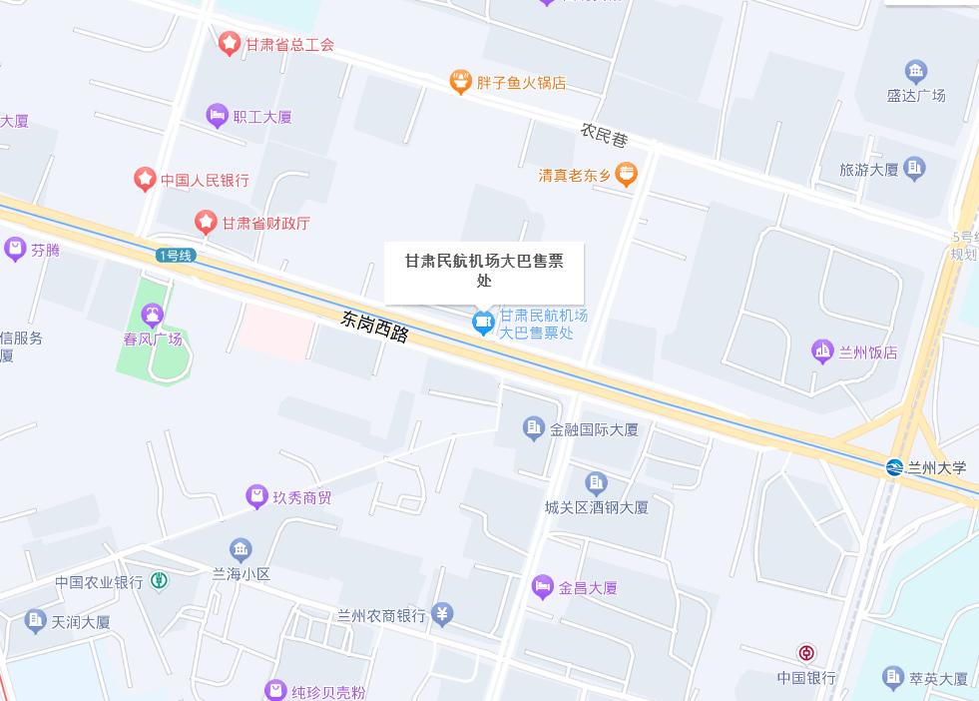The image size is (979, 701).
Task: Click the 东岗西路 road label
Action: [375, 327]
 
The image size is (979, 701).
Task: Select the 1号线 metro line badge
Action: [176, 256]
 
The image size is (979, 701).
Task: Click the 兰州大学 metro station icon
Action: [894, 467]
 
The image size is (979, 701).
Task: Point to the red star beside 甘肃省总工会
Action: [230, 44]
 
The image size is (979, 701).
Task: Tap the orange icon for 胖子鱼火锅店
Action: [460, 82]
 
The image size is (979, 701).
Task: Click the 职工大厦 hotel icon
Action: [217, 117]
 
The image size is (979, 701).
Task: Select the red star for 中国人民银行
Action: [145, 180]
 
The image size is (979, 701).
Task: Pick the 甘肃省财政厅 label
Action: [265, 223]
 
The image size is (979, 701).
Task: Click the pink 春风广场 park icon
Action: [153, 317]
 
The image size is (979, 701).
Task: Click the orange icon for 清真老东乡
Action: [626, 176]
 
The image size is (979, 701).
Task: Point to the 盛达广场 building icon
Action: [915, 72]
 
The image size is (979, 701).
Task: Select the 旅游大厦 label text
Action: [868, 170]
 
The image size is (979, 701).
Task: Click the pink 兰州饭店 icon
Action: [822, 351]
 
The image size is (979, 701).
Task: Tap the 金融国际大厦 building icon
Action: [534, 429]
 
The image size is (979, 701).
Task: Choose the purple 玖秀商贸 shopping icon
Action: [257, 496]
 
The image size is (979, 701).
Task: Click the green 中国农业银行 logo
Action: [160, 581]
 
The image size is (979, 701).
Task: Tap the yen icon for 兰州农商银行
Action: [443, 614]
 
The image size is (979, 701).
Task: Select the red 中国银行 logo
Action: [806, 654]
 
